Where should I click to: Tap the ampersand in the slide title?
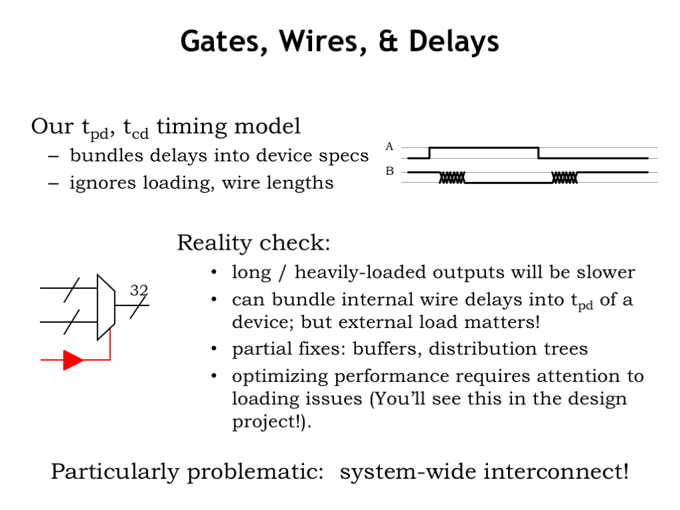pyautogui.click(x=388, y=41)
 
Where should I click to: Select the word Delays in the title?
pyautogui.click(x=454, y=42)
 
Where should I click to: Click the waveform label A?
pyautogui.click(x=389, y=147)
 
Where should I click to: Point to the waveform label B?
pyautogui.click(x=389, y=171)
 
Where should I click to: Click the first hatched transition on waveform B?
pyautogui.click(x=452, y=177)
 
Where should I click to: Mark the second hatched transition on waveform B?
pyautogui.click(x=564, y=177)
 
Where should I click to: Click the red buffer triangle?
pyautogui.click(x=73, y=360)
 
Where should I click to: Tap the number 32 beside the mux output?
pyautogui.click(x=139, y=290)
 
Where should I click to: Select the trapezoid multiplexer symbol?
pyautogui.click(x=106, y=307)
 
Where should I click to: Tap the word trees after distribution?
pyautogui.click(x=566, y=349)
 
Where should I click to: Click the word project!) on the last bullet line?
pyautogui.click(x=272, y=422)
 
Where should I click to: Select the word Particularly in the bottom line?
pyautogui.click(x=114, y=472)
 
